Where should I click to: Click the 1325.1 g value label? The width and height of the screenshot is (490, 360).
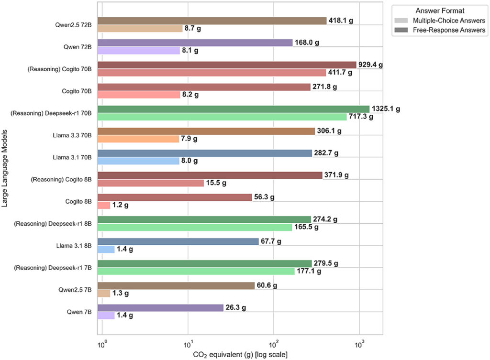[386, 109]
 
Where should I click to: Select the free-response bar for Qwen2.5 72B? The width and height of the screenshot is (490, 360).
[212, 21]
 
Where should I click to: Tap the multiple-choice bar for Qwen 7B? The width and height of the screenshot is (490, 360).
[106, 316]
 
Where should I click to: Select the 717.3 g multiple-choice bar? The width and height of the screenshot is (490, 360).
[222, 117]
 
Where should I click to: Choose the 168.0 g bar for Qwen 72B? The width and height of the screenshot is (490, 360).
[195, 43]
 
